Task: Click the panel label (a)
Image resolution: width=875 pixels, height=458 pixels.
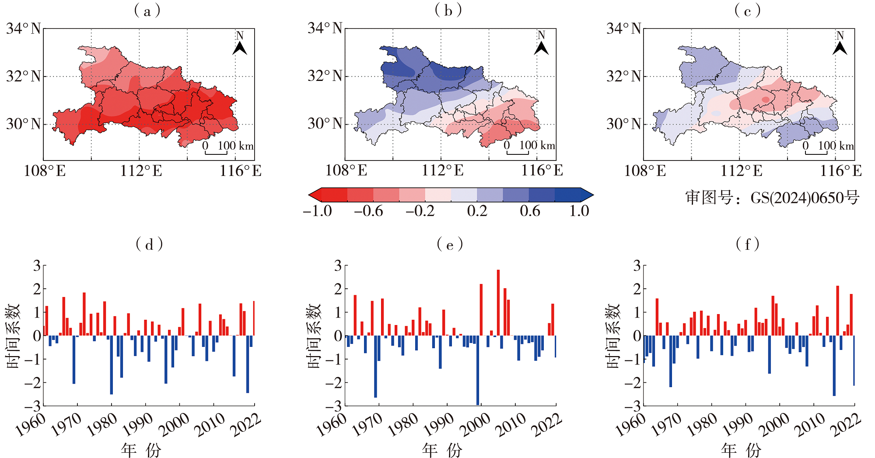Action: pyautogui.click(x=147, y=11)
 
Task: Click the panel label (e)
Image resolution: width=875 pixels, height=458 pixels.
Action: pyautogui.click(x=449, y=245)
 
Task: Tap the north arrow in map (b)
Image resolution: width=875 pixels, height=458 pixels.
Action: pyautogui.click(x=541, y=44)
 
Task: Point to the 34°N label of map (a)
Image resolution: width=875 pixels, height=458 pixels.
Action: pyautogui.click(x=23, y=29)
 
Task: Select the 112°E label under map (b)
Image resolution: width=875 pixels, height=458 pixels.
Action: pyautogui.click(x=442, y=171)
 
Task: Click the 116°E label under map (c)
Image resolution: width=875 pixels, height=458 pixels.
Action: pyautogui.click(x=840, y=171)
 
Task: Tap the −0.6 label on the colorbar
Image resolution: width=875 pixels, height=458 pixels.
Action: pyautogui.click(x=368, y=211)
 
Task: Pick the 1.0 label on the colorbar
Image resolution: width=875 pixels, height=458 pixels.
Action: pyautogui.click(x=579, y=211)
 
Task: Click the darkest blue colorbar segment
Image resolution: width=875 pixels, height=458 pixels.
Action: pyautogui.click(x=567, y=195)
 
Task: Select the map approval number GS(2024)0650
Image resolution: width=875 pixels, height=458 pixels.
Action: pyautogui.click(x=772, y=198)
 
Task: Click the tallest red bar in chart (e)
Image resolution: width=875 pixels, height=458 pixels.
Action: pyautogui.click(x=498, y=303)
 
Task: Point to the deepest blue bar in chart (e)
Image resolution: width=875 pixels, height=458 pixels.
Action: pyautogui.click(x=477, y=370)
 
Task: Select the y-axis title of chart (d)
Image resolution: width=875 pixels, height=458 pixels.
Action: pyautogui.click(x=13, y=336)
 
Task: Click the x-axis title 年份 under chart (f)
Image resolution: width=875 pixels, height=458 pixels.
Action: pyautogui.click(x=741, y=450)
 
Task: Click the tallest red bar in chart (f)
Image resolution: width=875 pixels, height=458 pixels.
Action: pyautogui.click(x=837, y=311)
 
